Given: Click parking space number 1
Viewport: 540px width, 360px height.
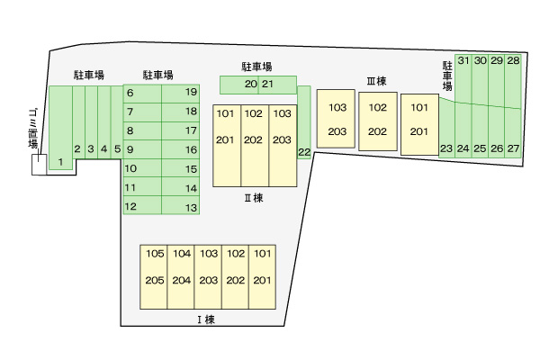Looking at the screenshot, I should [x=60, y=162].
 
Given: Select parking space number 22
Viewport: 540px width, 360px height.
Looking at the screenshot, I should [x=304, y=152].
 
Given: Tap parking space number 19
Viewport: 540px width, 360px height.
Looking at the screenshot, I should [x=191, y=92].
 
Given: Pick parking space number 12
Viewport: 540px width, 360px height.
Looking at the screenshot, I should [x=130, y=206].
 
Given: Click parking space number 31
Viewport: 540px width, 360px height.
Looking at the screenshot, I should [x=463, y=60].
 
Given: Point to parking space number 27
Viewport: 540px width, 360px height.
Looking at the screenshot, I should [x=513, y=148].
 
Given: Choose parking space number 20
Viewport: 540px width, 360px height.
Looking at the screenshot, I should [x=250, y=85].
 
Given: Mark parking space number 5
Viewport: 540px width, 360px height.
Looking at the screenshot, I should [x=117, y=148].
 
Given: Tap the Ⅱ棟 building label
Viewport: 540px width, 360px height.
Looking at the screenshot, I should [x=254, y=198].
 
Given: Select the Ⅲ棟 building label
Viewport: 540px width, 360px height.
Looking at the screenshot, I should [x=376, y=81].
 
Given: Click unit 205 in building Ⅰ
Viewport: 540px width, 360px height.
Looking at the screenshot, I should [x=155, y=280].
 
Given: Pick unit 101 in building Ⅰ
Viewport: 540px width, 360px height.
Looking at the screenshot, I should [x=262, y=254].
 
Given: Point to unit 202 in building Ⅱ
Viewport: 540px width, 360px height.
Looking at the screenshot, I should [x=254, y=139].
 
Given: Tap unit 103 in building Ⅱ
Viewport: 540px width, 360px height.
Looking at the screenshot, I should [x=282, y=113].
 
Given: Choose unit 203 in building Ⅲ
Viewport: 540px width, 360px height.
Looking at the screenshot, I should [x=337, y=132].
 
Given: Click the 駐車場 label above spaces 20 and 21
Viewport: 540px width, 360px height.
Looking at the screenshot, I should [x=256, y=67].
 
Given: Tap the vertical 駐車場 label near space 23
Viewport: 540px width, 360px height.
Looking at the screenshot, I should [x=446, y=76].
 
